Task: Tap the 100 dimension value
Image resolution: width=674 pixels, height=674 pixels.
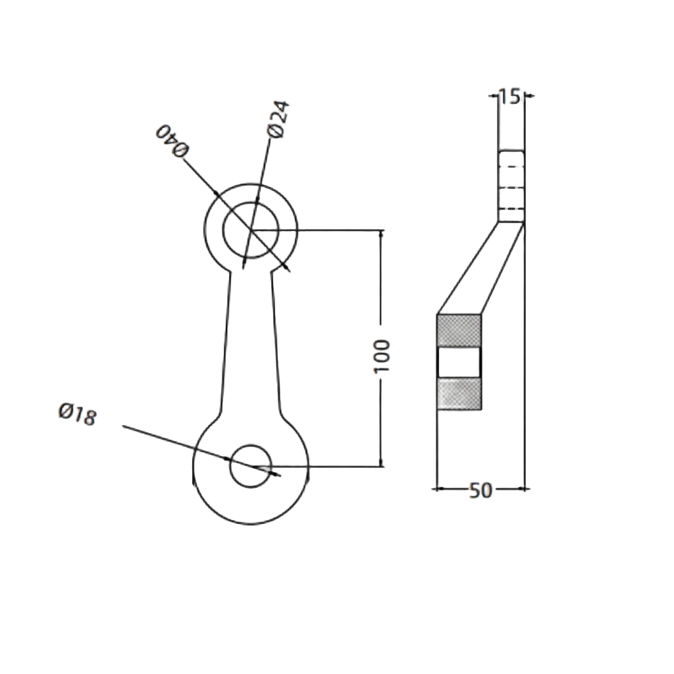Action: (382, 356)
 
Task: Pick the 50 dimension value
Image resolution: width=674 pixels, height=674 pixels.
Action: (480, 490)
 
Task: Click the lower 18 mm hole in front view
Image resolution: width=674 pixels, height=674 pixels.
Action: (250, 466)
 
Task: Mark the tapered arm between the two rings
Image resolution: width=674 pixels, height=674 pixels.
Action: (250, 342)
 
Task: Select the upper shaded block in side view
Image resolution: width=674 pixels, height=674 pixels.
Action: (459, 330)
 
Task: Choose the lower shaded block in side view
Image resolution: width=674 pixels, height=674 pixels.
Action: (459, 393)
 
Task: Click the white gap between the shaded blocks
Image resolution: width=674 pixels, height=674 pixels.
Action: (459, 362)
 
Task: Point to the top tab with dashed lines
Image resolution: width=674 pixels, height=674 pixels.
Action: (511, 186)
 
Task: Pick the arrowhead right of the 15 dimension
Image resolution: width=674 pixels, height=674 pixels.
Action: (529, 95)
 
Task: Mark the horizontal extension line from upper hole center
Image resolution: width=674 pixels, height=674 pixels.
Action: (329, 230)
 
